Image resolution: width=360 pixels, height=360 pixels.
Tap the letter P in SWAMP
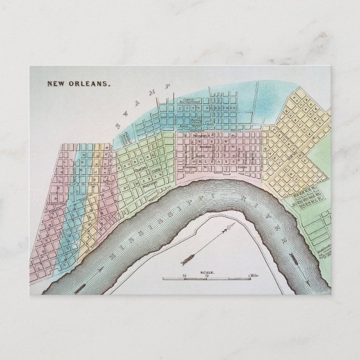tap(165, 86)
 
